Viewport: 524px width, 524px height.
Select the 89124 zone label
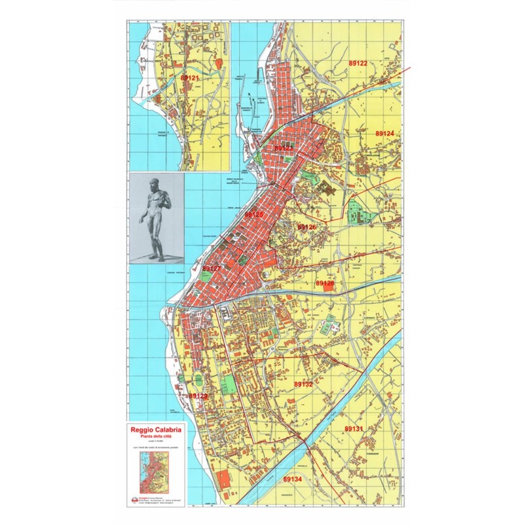384,133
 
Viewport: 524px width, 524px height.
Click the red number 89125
254,214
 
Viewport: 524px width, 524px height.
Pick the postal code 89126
307,227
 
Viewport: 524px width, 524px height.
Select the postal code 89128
325,284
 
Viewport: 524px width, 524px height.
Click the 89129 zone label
198,396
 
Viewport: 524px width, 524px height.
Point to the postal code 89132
303,384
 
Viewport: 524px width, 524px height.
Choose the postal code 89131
354,428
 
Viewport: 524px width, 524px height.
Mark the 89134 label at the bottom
292,479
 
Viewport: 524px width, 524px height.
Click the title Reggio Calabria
157,430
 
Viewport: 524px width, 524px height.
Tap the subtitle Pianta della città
157,437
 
